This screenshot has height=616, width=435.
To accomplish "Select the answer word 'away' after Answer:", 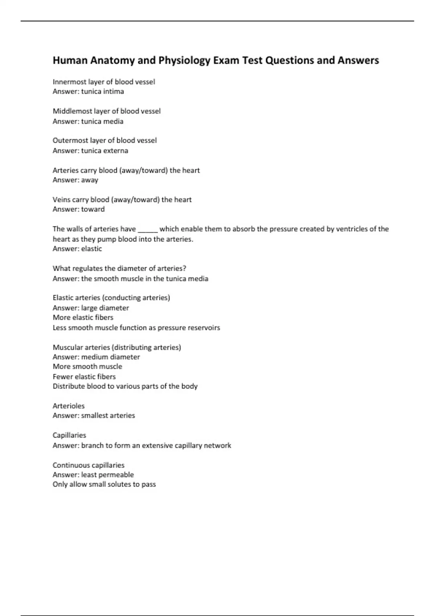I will pyautogui.click(x=90, y=180).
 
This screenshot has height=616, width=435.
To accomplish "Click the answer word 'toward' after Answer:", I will pyautogui.click(x=93, y=209).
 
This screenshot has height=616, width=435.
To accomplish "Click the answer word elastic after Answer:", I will pyautogui.click(x=91, y=249).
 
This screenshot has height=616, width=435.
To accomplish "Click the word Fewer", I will pyautogui.click(x=62, y=377).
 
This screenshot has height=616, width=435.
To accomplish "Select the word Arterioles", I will pyautogui.click(x=69, y=406).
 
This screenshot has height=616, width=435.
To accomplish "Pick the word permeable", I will pyautogui.click(x=116, y=475).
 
